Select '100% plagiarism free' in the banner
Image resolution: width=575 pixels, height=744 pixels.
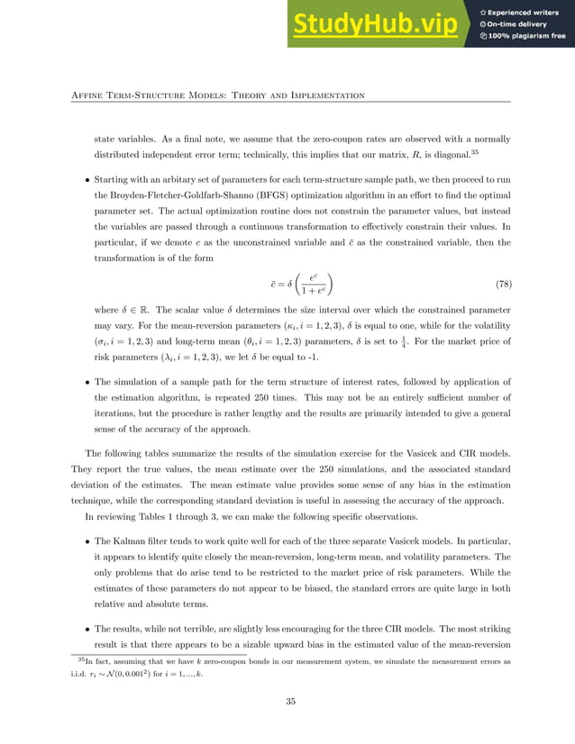click(528, 36)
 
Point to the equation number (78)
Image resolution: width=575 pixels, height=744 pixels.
click(503, 285)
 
